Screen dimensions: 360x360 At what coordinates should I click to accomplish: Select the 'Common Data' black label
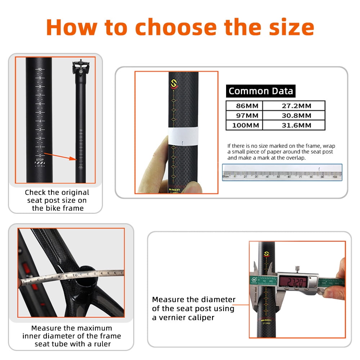pos(261,91)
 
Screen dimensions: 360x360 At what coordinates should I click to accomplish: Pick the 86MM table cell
pos(244,105)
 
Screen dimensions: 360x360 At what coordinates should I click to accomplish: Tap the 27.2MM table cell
pos(294,105)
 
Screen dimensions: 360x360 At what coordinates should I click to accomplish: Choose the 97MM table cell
pos(244,116)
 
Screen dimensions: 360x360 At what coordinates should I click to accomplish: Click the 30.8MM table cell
pos(294,116)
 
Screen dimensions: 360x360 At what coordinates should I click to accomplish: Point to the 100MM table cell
pos(244,126)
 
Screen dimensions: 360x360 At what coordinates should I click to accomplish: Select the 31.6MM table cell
pos(294,126)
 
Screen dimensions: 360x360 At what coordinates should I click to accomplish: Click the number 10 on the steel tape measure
pos(75,276)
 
